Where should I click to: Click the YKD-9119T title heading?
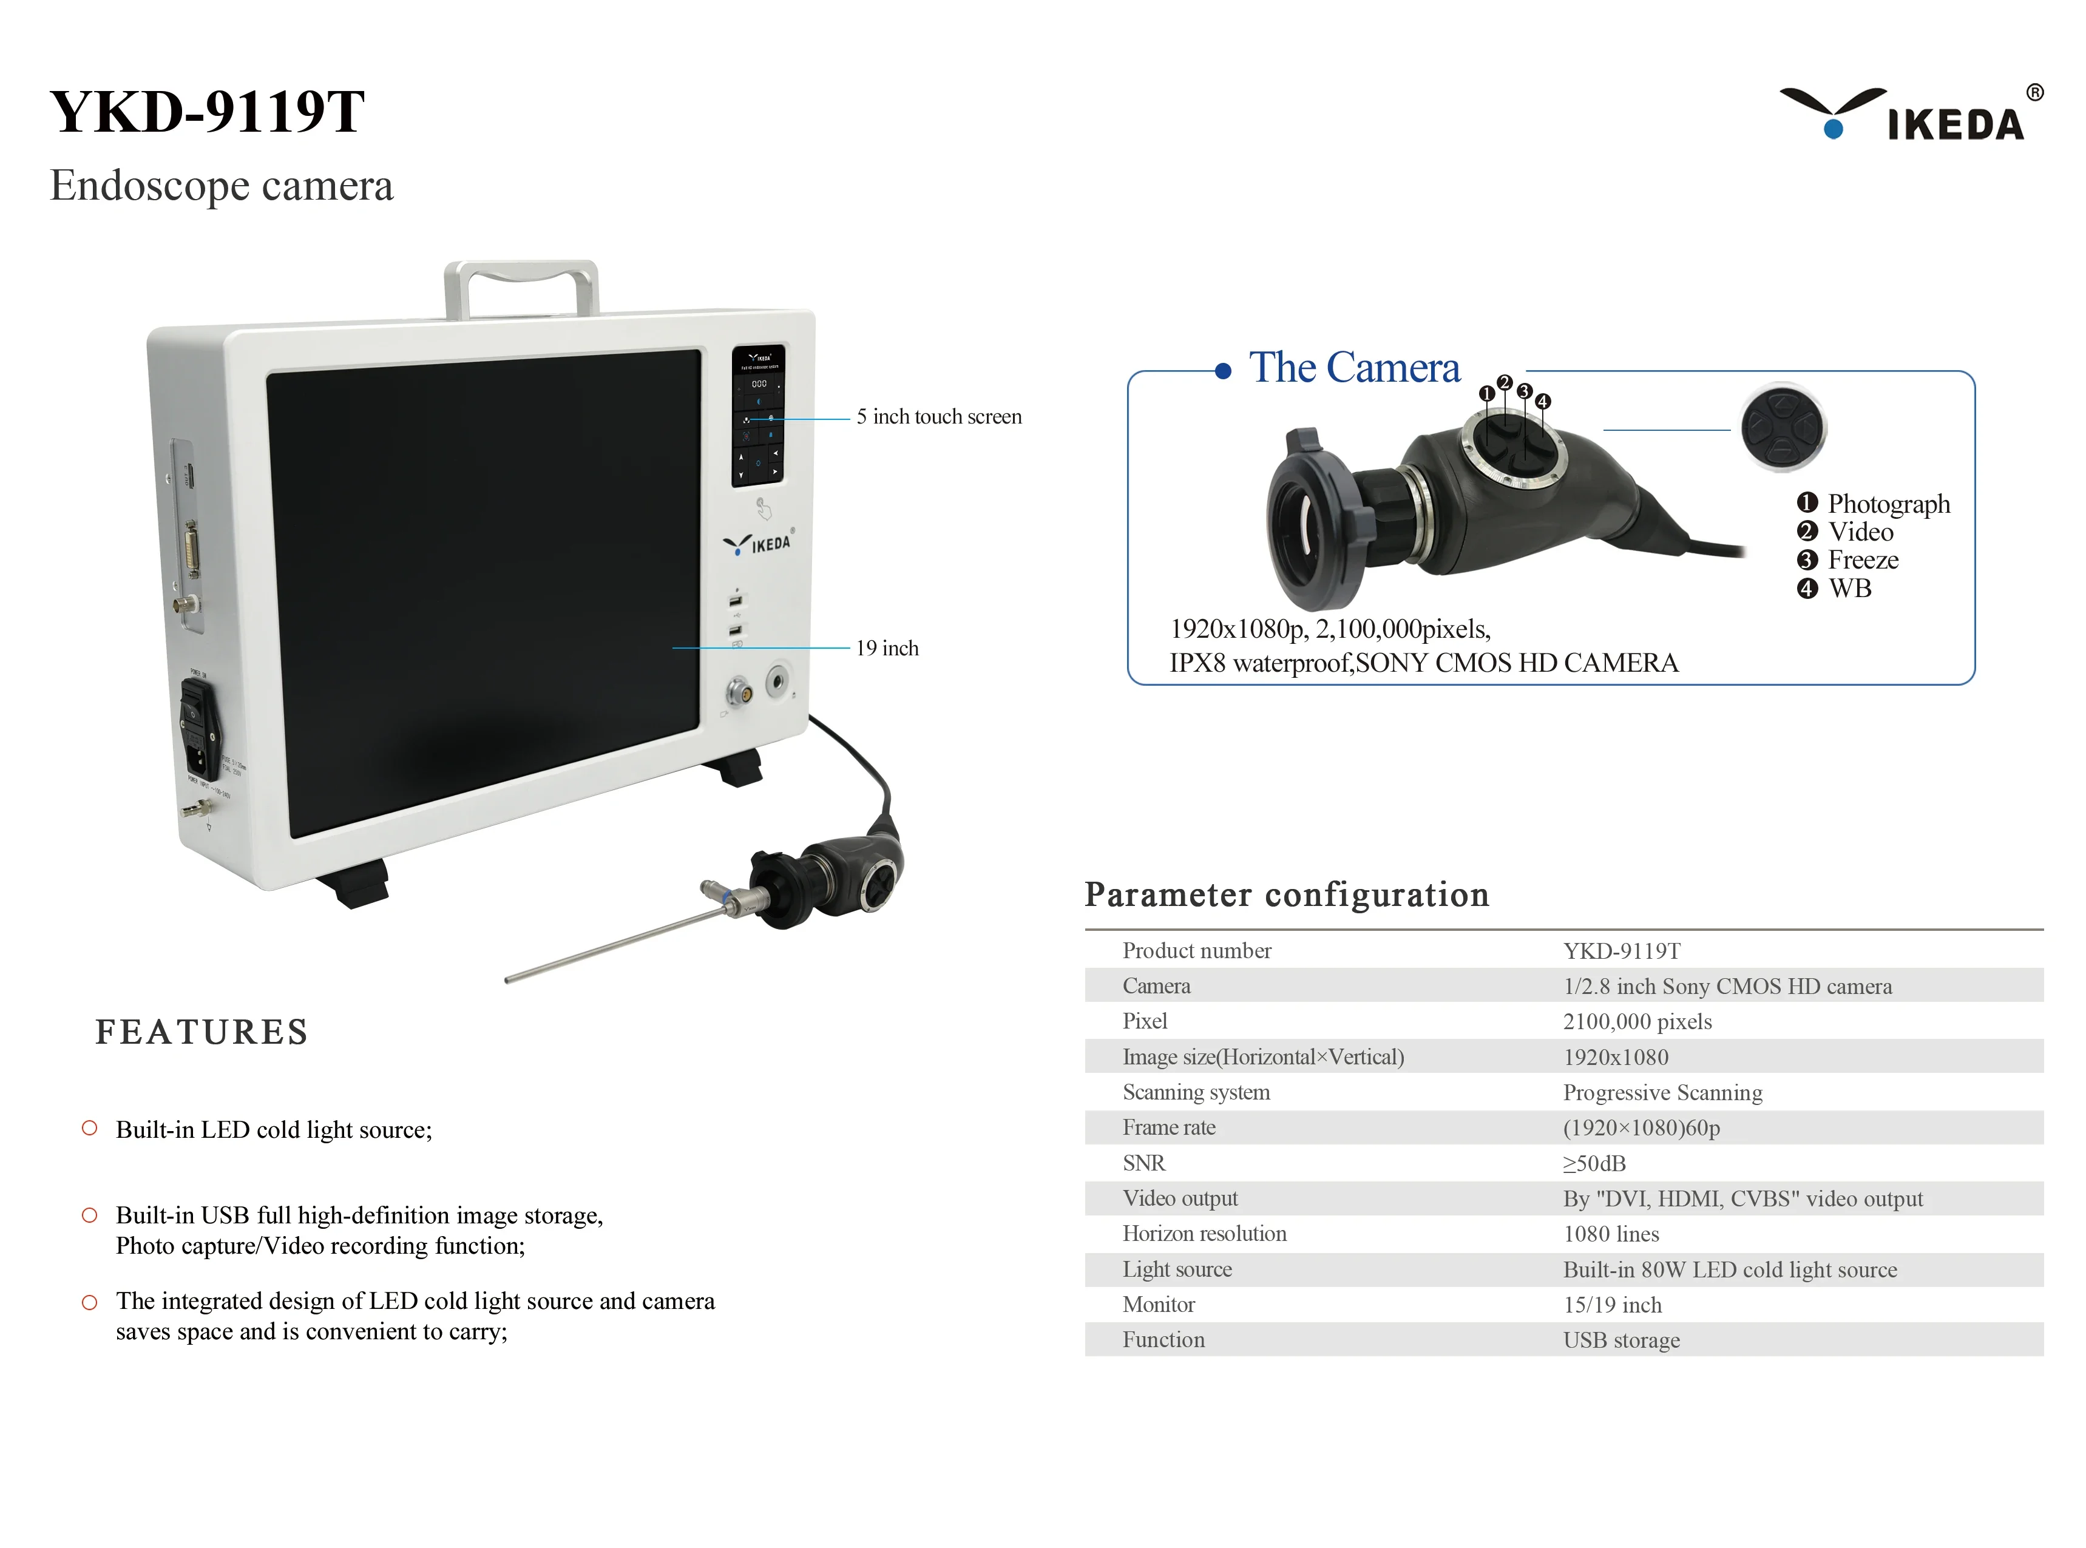tap(207, 112)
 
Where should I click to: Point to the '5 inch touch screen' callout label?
tap(938, 417)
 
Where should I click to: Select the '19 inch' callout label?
tap(887, 649)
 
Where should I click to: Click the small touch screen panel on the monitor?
tap(758, 415)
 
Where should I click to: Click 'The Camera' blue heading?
tap(1353, 367)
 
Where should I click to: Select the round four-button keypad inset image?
tap(1783, 428)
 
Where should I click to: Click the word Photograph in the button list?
tap(1888, 504)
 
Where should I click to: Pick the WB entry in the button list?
tap(1849, 589)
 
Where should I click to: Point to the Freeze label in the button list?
tap(1862, 560)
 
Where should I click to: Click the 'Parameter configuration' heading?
tap(1287, 895)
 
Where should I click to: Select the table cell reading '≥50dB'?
tap(1594, 1164)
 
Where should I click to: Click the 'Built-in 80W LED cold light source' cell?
tap(1729, 1269)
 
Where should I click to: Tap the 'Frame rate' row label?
tap(1168, 1128)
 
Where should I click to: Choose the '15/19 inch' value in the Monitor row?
tap(1612, 1305)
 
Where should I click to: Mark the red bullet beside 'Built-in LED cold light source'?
tap(90, 1128)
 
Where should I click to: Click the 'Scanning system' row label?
tap(1196, 1093)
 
